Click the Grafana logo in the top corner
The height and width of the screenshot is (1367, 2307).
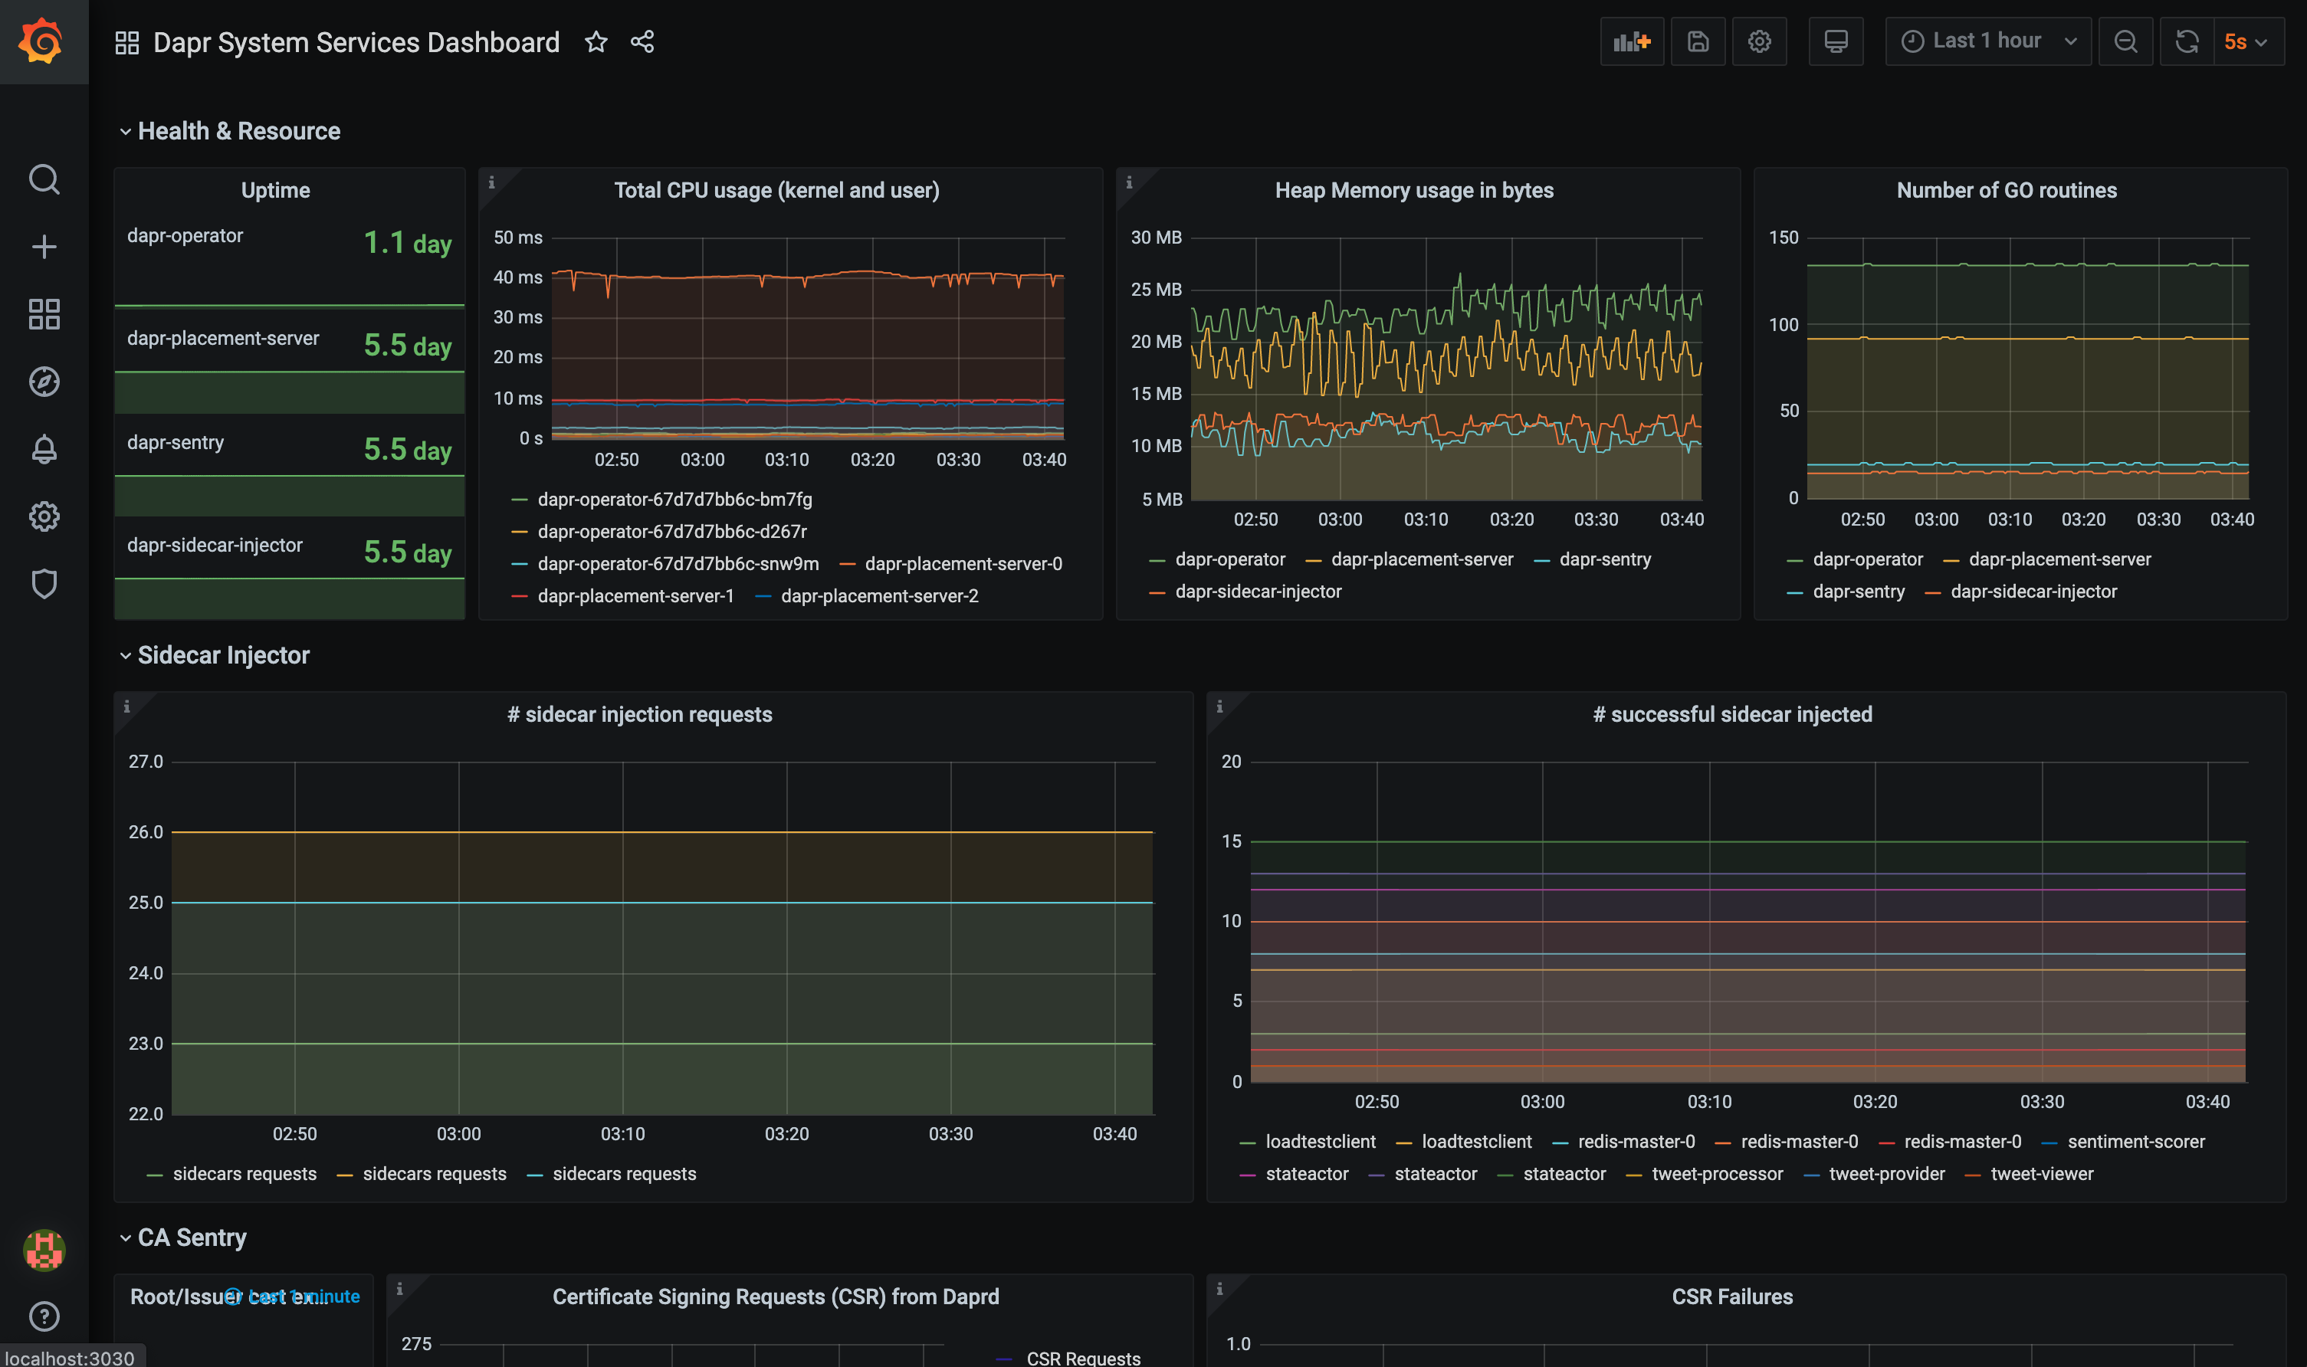[x=42, y=41]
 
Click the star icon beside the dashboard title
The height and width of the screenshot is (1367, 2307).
[x=596, y=41]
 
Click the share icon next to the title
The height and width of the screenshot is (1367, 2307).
[x=642, y=41]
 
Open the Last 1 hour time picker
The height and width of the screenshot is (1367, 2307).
[x=1987, y=41]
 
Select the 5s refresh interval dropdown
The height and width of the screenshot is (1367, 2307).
[x=2246, y=41]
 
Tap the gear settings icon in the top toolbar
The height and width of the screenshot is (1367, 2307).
[x=1759, y=41]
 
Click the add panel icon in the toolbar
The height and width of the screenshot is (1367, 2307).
[x=1631, y=41]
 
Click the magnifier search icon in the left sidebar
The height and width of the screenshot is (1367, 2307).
[x=44, y=179]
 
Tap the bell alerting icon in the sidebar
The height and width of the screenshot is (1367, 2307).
[x=44, y=448]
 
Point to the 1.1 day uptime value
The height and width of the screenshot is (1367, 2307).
[x=407, y=243]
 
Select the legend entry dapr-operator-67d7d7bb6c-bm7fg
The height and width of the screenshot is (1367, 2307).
[x=674, y=500]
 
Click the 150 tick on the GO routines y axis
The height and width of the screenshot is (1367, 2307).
[x=1783, y=238]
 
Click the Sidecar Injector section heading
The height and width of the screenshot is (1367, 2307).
[x=223, y=655]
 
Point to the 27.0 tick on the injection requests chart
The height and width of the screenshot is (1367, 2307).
[x=146, y=762]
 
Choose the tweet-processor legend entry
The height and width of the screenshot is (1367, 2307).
[x=1716, y=1174]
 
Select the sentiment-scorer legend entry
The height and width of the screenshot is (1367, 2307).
[x=2135, y=1141]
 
